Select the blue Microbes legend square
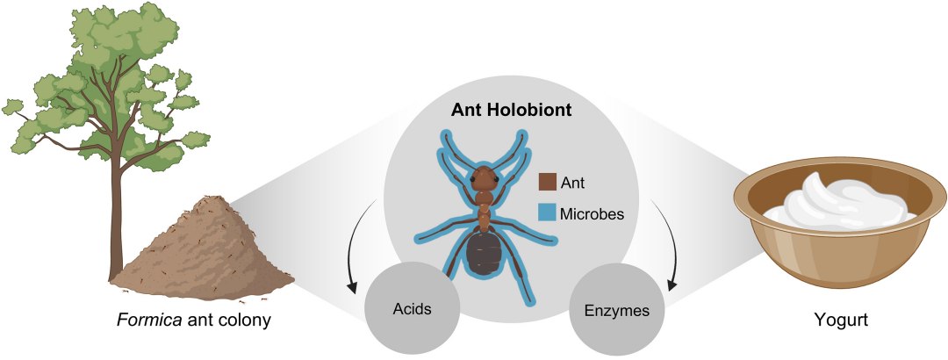pos(547,213)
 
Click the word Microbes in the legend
pos(592,213)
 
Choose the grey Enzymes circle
pos(617,311)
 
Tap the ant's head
pos(484,179)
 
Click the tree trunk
pos(117,224)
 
